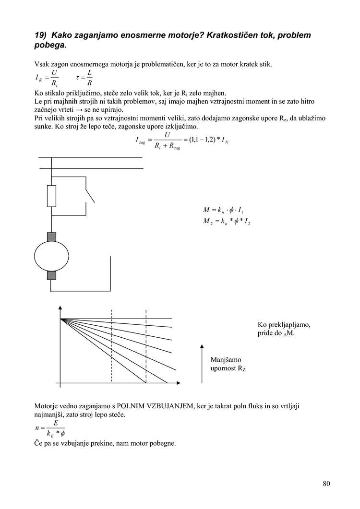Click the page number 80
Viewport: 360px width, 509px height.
pyautogui.click(x=326, y=483)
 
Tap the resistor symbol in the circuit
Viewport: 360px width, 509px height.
pyautogui.click(x=51, y=196)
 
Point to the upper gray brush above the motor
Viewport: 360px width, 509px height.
pyautogui.click(x=51, y=237)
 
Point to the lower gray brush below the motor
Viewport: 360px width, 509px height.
pyautogui.click(x=51, y=274)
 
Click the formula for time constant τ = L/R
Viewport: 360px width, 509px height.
pyautogui.click(x=84, y=77)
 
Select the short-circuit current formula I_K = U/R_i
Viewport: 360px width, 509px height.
pyautogui.click(x=48, y=77)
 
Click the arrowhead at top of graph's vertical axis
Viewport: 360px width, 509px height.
pyautogui.click(x=60, y=308)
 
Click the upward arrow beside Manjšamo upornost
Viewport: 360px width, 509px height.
pyautogui.click(x=202, y=363)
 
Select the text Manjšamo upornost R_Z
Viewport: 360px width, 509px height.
pyautogui.click(x=228, y=364)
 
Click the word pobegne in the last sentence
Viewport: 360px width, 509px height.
pyautogui.click(x=161, y=443)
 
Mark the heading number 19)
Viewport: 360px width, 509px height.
pyautogui.click(x=41, y=35)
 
